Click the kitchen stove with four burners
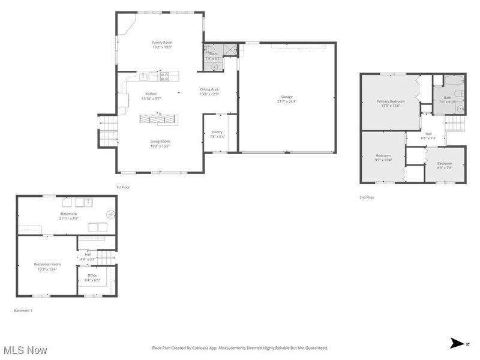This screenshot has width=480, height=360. tap(164, 76)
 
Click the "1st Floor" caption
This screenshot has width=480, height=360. tap(123, 187)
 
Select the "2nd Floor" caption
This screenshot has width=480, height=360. tap(367, 197)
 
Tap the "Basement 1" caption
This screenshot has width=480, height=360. tap(23, 310)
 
